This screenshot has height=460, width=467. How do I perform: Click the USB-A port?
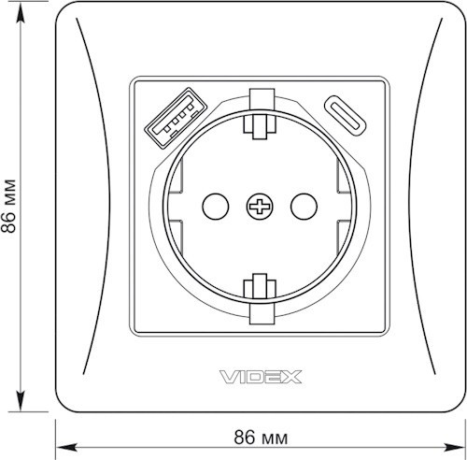[176, 117]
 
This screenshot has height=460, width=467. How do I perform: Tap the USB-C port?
[346, 115]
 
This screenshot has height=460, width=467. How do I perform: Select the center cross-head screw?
[260, 207]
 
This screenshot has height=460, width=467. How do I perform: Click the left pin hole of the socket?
[216, 207]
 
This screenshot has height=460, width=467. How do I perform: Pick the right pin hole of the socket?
[304, 207]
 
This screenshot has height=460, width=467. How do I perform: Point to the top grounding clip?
[260, 114]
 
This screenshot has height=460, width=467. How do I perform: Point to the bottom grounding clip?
[260, 299]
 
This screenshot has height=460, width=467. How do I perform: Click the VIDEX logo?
[261, 377]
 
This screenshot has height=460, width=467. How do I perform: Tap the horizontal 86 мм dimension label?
[261, 438]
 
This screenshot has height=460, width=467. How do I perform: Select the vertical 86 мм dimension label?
[8, 207]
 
